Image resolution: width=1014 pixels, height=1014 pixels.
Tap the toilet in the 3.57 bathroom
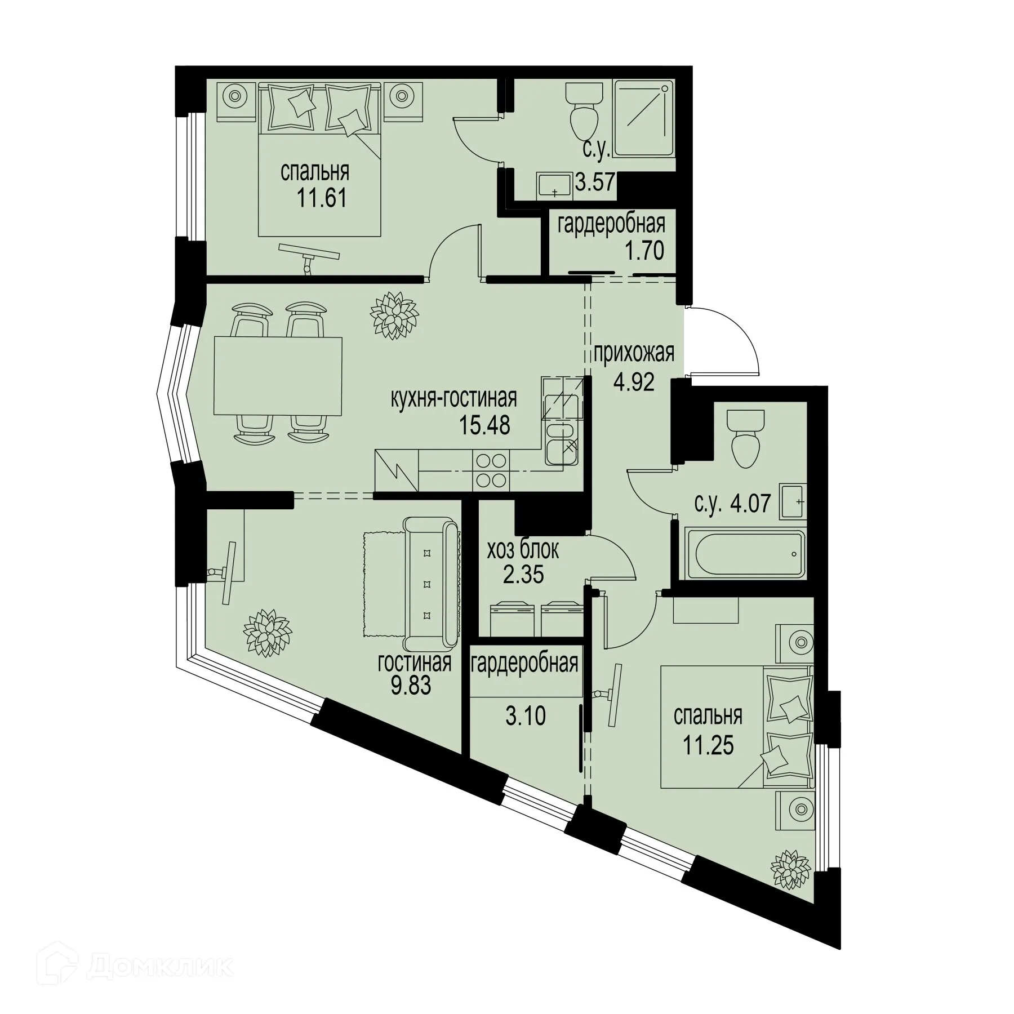click(x=584, y=115)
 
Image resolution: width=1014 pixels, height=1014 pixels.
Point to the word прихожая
click(x=633, y=354)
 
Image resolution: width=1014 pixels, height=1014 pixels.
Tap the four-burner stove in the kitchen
click(x=491, y=470)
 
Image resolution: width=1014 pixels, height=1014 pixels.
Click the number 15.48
click(x=485, y=425)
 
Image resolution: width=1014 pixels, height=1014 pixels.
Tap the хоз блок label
click(x=523, y=550)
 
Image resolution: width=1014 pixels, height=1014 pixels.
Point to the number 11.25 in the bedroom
click(x=708, y=745)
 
